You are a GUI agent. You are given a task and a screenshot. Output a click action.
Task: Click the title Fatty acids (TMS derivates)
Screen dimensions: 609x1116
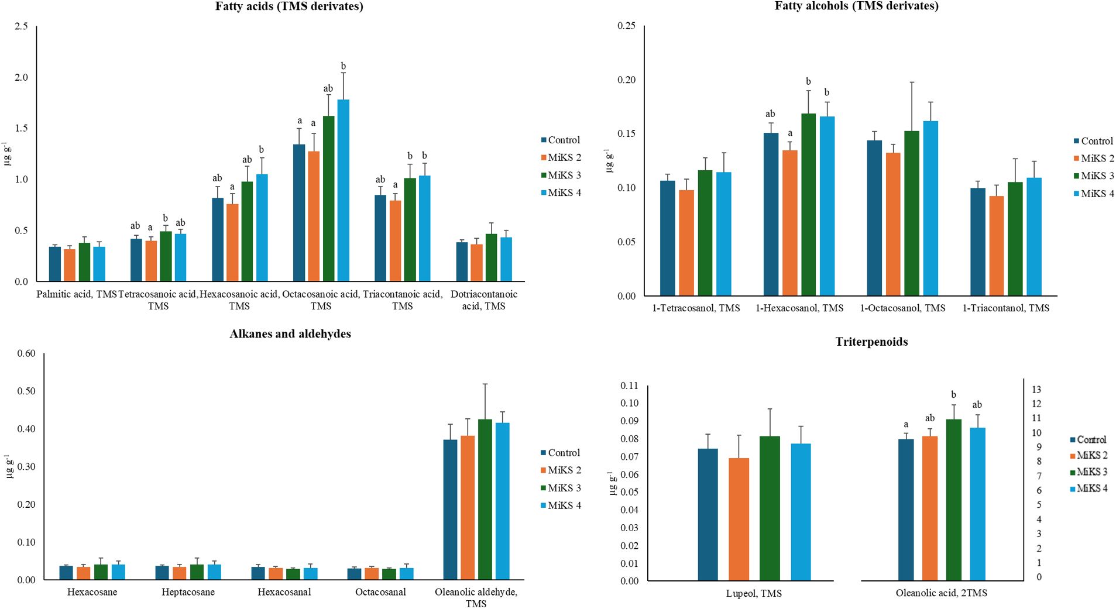tap(289, 6)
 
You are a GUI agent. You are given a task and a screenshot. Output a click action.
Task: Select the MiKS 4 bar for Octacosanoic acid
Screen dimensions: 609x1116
tap(343, 190)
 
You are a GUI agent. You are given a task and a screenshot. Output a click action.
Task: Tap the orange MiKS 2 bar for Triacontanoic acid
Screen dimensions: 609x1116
tap(395, 240)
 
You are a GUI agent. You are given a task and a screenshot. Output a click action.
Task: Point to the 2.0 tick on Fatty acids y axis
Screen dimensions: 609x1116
tap(21, 77)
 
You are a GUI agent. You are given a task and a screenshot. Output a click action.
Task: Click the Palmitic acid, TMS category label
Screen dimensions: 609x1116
tap(77, 294)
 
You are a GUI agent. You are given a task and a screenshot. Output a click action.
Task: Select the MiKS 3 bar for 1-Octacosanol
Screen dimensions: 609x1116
tap(911, 213)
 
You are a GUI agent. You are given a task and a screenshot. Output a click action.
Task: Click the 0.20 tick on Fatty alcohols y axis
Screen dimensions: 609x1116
tap(626, 80)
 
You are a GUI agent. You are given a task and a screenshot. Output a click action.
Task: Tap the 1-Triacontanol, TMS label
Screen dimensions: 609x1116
tap(1005, 308)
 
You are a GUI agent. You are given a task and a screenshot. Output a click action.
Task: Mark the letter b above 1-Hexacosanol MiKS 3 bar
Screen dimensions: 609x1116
tap(808, 81)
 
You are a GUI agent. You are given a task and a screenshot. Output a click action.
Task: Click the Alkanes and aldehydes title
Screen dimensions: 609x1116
tap(290, 334)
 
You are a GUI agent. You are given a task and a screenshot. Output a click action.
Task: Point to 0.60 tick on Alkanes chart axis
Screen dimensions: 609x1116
tap(26, 353)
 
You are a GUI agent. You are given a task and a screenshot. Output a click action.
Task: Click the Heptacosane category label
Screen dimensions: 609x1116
tap(188, 592)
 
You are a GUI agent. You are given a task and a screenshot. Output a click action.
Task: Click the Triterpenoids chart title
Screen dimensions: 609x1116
tap(871, 342)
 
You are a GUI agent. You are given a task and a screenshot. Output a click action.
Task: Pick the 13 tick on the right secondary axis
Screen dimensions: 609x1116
tap(1036, 390)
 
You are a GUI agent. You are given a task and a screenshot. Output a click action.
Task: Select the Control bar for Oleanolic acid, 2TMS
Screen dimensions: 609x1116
tap(905, 510)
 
